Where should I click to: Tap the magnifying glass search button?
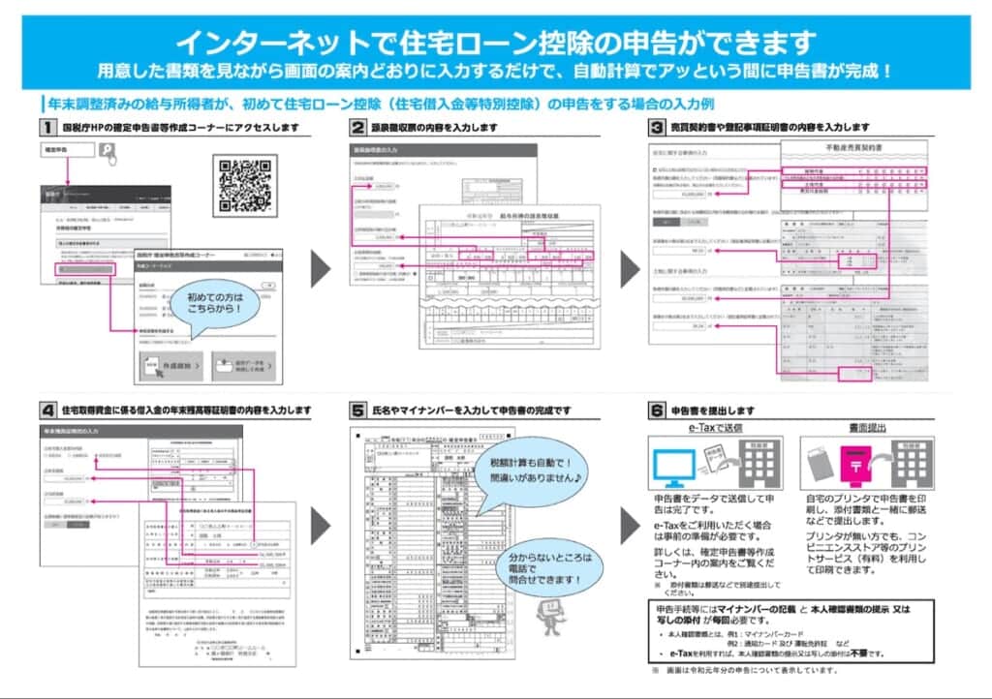[x=108, y=150]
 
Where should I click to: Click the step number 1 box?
[x=46, y=127]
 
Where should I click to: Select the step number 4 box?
[x=46, y=410]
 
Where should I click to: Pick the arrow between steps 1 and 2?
[x=322, y=267]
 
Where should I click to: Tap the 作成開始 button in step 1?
[x=170, y=365]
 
